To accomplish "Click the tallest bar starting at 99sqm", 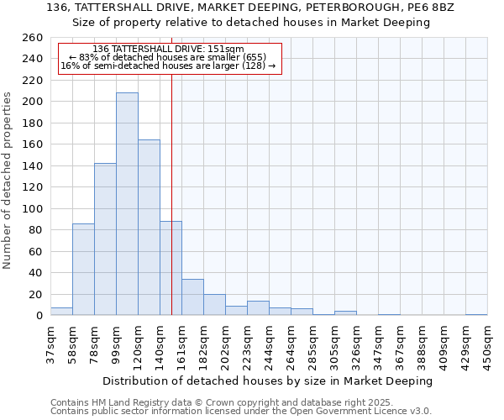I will click(x=127, y=204).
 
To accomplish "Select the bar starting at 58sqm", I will click(x=83, y=269).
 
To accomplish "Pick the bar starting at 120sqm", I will click(x=149, y=227).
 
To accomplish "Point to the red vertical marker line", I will click(x=171, y=193).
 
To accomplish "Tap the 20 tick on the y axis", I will click(x=35, y=294).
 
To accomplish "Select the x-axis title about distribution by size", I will click(x=268, y=381).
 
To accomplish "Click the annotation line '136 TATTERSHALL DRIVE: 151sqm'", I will click(x=168, y=50).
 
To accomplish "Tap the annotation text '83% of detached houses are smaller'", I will click(x=168, y=57).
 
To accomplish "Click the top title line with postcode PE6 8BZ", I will click(x=251, y=8).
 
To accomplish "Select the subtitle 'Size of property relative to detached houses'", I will click(x=251, y=23).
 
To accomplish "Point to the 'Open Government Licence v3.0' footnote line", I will click(x=241, y=412).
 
